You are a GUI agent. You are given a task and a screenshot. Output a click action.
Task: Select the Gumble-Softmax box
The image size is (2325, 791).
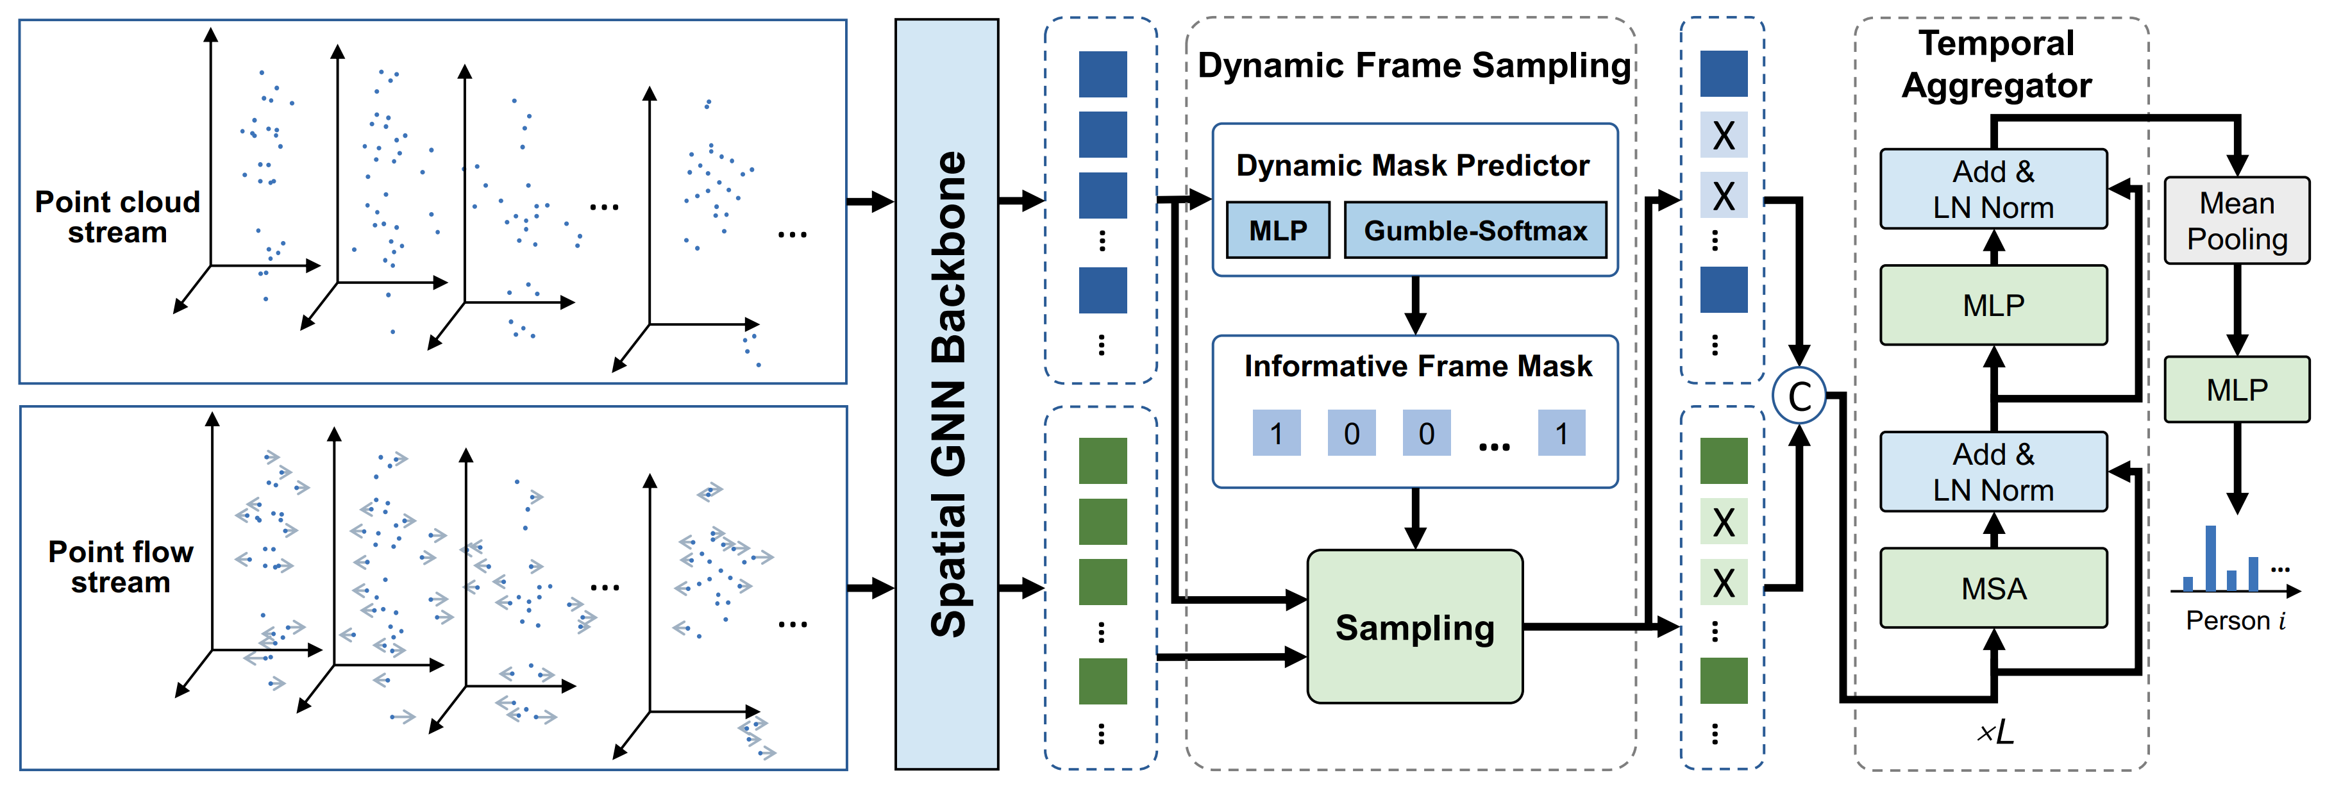click(x=1475, y=231)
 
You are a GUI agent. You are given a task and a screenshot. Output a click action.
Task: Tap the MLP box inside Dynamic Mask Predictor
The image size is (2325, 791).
click(x=1277, y=231)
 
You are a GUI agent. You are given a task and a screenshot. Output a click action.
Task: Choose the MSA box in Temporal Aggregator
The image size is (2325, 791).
click(x=1993, y=588)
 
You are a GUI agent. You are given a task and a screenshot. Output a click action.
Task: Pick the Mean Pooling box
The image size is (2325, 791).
click(x=2236, y=221)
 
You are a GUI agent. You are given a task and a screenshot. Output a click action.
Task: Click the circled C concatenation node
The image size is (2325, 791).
click(x=1799, y=396)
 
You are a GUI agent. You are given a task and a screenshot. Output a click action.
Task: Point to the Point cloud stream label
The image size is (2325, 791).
click(x=117, y=217)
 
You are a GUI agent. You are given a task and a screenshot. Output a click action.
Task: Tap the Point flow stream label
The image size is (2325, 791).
click(x=120, y=567)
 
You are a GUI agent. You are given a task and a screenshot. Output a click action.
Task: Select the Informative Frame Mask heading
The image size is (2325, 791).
click(x=1417, y=366)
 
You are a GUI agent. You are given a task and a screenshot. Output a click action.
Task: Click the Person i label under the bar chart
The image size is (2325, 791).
click(x=2235, y=620)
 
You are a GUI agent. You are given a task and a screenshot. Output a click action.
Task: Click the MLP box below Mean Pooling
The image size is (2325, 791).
click(x=2236, y=390)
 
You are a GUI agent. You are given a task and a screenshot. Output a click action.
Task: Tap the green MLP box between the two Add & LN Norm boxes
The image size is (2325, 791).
click(x=1993, y=306)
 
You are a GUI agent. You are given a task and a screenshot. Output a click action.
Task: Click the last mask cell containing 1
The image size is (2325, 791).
click(x=1561, y=434)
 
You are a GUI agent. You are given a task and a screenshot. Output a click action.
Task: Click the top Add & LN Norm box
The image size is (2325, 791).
click(x=1993, y=189)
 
